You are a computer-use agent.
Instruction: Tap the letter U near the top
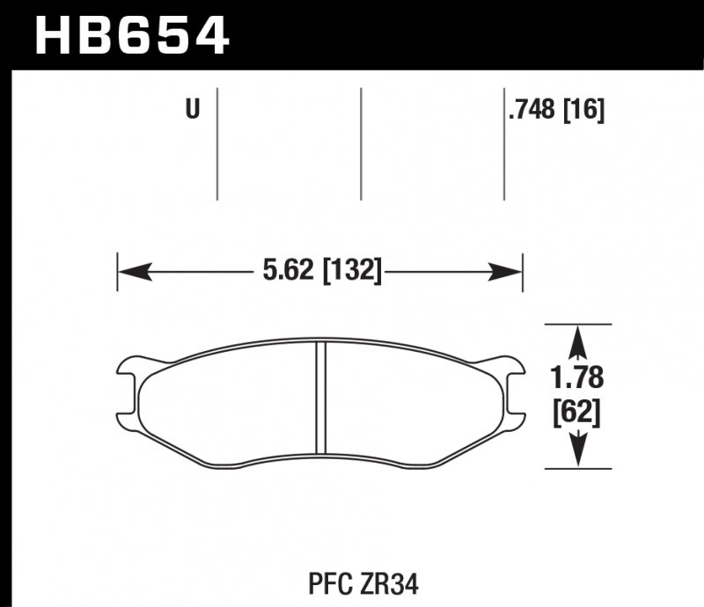coord(192,110)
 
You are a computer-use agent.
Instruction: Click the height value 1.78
coord(577,378)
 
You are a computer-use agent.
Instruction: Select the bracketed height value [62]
coord(577,412)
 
